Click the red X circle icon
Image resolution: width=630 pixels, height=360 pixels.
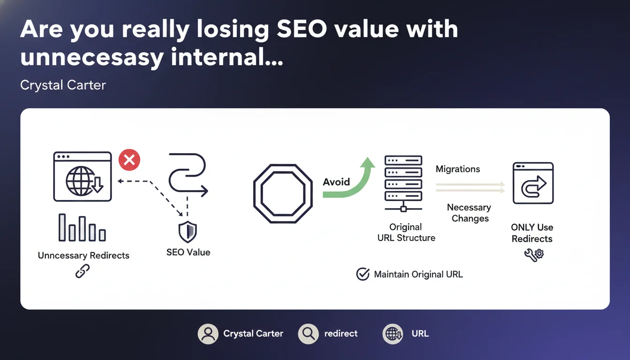tap(129, 160)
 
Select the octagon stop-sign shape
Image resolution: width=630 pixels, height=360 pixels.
tap(283, 194)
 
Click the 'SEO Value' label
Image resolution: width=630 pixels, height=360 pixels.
tap(188, 252)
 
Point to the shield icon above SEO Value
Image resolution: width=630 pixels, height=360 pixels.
tap(187, 232)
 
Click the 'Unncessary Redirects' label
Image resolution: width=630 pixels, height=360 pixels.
tap(83, 255)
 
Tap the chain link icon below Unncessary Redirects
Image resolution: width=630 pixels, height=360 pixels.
tap(82, 271)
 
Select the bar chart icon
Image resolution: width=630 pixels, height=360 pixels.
tap(82, 227)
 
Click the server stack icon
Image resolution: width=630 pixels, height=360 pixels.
tap(403, 183)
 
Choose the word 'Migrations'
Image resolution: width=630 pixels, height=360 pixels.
tap(458, 169)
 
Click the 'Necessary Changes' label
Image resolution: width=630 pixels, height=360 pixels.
tap(469, 213)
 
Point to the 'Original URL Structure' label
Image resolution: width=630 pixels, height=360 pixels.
tap(406, 232)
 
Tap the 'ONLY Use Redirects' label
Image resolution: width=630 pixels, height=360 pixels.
tap(532, 233)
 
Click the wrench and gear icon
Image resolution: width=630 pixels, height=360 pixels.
tap(534, 255)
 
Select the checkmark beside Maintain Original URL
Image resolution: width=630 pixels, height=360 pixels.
tap(363, 274)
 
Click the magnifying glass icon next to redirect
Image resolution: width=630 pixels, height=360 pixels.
tap(308, 334)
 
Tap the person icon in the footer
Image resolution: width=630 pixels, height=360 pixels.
tap(208, 334)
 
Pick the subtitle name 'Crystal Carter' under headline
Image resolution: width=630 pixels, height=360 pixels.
tap(63, 85)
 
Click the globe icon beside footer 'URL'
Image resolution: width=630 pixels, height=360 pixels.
tap(393, 334)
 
